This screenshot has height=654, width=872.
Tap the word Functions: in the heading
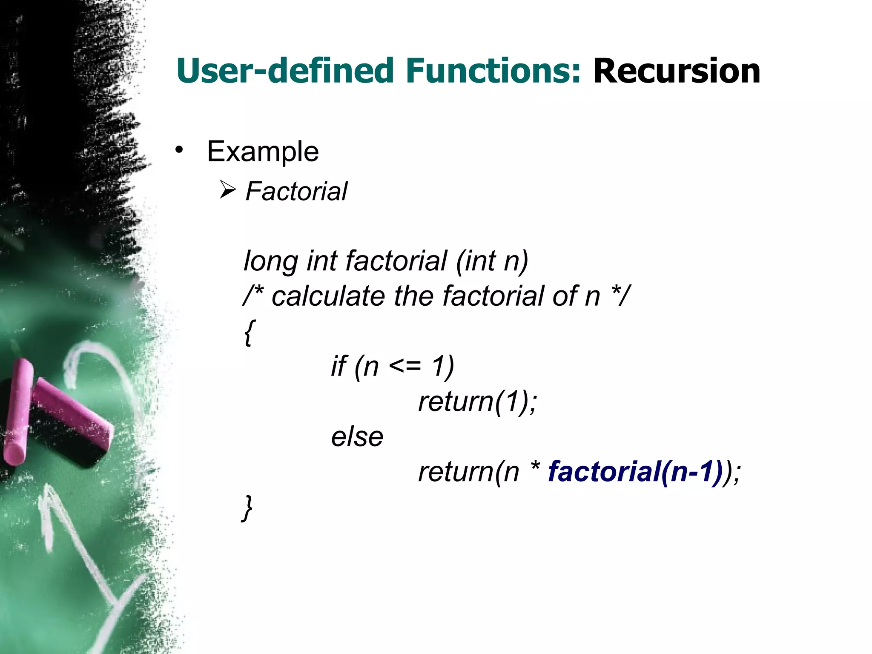coord(493,71)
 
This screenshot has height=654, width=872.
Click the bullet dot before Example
coord(179,150)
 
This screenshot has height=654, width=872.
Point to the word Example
coord(263,152)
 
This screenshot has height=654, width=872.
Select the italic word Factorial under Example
coord(296,191)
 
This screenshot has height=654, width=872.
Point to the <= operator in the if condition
coord(404,366)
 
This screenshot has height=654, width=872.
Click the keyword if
coord(339,366)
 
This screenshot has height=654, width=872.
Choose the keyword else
coord(357,437)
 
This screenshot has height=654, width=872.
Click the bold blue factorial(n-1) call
coord(634,472)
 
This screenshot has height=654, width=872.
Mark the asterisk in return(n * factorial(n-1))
coord(535,468)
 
